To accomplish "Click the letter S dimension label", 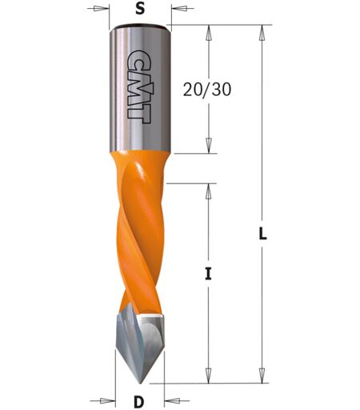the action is coord(140,9).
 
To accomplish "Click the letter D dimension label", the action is coord(139,402).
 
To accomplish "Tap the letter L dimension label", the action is coord(263,234).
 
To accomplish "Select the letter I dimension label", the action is coord(208,274).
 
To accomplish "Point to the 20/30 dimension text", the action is coord(207,89).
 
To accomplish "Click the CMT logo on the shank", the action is coord(139,86).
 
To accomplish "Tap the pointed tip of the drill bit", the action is coord(141,384).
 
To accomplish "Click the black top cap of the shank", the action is coord(140,27).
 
